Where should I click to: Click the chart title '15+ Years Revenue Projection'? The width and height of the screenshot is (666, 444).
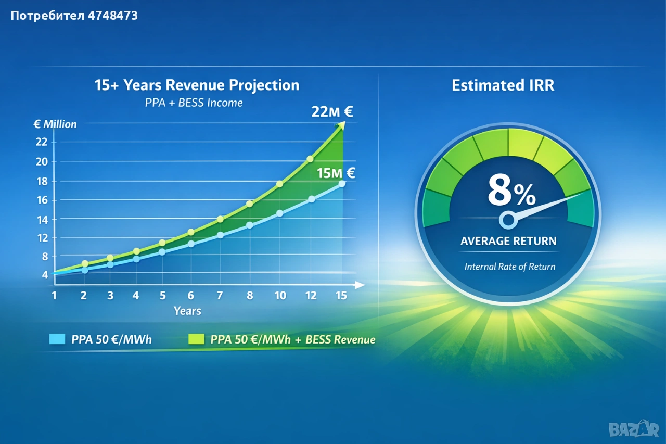coord(197,85)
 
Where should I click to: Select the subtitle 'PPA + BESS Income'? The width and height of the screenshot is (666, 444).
coord(194,103)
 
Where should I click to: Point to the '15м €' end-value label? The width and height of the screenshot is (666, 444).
coord(336,173)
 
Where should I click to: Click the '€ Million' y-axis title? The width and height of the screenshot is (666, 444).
coord(55,124)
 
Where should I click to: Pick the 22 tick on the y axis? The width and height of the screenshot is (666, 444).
coord(42,142)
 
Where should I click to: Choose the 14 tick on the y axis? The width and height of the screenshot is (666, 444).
coord(42,220)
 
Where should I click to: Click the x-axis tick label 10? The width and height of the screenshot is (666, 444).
coord(280,296)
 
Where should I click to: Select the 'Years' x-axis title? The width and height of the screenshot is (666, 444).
coord(187,311)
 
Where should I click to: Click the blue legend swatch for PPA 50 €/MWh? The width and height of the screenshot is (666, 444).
coord(56,339)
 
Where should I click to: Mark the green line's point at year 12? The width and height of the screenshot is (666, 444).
coord(310,159)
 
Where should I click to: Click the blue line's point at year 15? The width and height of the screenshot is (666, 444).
coord(342,183)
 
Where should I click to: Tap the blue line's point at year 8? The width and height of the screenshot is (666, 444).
coord(249,225)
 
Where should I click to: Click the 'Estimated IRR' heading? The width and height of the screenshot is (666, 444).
coord(503,85)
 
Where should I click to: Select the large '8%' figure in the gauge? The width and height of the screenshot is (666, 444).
coord(511,192)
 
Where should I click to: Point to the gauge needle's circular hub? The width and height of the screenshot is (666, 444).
coord(507,220)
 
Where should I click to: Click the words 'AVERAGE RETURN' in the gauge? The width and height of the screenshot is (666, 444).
coord(508,241)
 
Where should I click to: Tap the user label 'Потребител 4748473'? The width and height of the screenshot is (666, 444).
coord(74,16)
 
